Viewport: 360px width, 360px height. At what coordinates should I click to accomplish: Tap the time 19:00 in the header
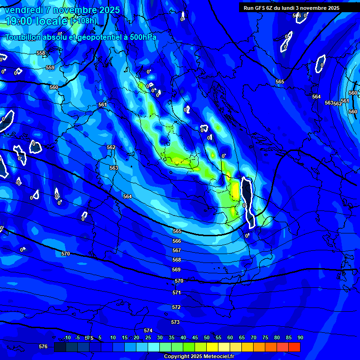pyautogui.click(x=21, y=21)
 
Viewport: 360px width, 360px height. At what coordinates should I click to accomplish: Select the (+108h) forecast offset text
pyautogui.click(x=83, y=21)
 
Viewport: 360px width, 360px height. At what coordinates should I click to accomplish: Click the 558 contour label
pyautogui.click(x=41, y=53)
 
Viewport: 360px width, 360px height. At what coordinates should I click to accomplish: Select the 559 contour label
pyautogui.click(x=50, y=67)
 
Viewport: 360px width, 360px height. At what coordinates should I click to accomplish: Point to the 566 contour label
pyautogui.click(x=177, y=241)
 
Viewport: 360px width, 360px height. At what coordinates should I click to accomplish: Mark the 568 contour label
pyautogui.click(x=177, y=260)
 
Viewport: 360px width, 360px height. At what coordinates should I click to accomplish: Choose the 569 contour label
pyautogui.click(x=176, y=270)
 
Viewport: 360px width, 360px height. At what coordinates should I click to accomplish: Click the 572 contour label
pyautogui.click(x=176, y=307)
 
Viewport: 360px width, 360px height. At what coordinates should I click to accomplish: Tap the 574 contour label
pyautogui.click(x=148, y=330)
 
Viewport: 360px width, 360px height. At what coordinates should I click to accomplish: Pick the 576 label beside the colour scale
pyautogui.click(x=43, y=346)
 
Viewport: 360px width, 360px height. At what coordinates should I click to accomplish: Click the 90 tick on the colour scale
pyautogui.click(x=300, y=337)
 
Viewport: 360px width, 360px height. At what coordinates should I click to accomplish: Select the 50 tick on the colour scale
pyautogui.click(x=207, y=337)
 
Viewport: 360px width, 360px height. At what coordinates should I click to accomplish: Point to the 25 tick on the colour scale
pyautogui.click(x=148, y=337)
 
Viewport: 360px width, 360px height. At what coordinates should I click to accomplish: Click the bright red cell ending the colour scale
pyautogui.click(x=294, y=347)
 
